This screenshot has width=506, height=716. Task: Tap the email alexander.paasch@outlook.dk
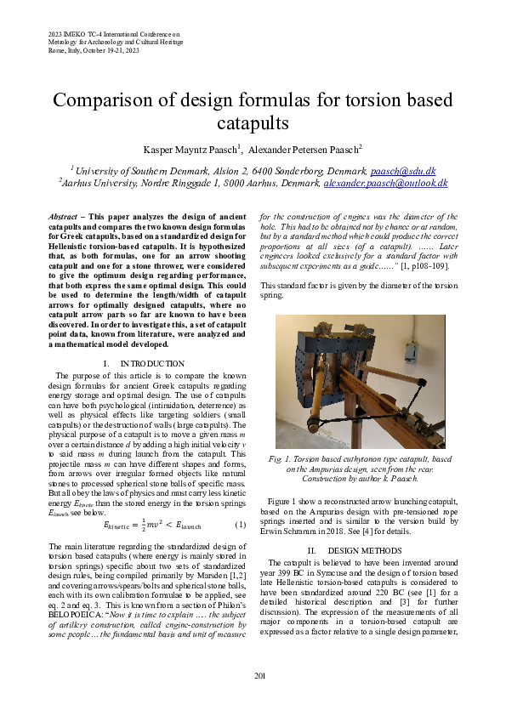click(x=386, y=183)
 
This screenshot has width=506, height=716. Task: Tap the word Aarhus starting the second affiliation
click(x=78, y=183)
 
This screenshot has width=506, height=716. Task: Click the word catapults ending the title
click(x=253, y=124)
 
